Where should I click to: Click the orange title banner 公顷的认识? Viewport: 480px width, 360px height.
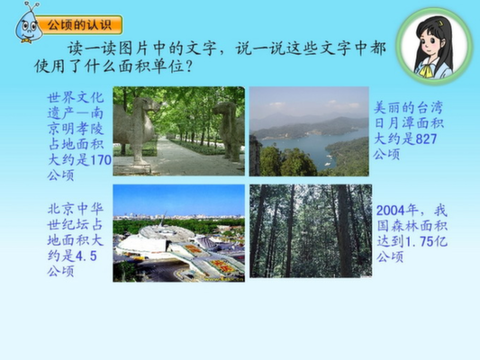coord(80,25)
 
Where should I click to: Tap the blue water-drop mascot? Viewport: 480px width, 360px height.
coord(28,24)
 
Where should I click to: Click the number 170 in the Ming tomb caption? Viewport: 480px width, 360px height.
coord(101,160)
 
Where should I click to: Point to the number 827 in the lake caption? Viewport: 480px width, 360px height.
coord(426,139)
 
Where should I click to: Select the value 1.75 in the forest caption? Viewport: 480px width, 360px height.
coord(419,241)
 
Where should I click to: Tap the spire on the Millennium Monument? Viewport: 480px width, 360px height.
coord(163,219)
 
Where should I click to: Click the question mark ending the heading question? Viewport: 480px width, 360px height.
coord(189,66)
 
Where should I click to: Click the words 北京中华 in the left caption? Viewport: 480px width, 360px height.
coord(76,209)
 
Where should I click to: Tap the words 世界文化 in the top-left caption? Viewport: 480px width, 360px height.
coord(76,98)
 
